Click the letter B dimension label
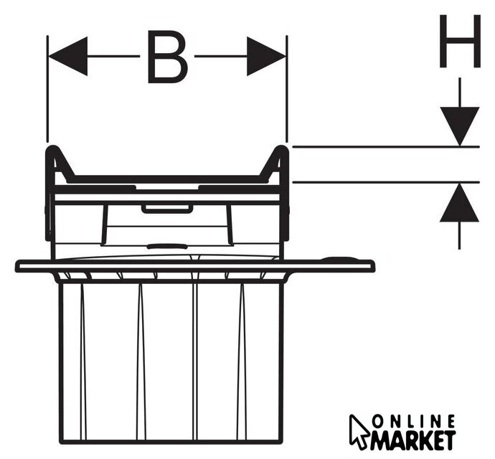click(167, 57)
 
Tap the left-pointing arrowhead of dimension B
click(67, 57)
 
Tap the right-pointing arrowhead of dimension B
click(266, 57)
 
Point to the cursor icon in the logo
click(359, 430)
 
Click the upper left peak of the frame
click(52, 149)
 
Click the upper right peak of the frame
click(282, 149)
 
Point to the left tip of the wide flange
click(18, 266)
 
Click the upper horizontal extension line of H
click(380, 147)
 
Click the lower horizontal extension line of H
click(380, 181)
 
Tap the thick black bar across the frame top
click(166, 178)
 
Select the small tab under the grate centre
click(166, 209)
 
